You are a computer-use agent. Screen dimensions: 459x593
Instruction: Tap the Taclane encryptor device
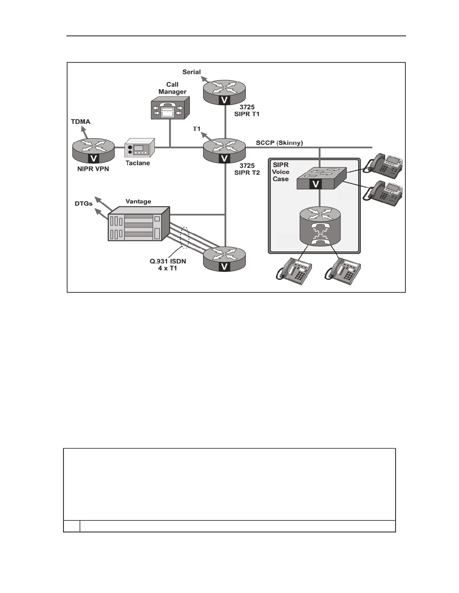[139, 148]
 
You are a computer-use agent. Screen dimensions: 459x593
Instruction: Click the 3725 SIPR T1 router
[224, 92]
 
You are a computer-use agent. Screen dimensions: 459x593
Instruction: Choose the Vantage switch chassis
[139, 224]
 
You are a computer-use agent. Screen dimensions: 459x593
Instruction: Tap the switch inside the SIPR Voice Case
[321, 178]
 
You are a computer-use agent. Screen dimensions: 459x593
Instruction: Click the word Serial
[192, 72]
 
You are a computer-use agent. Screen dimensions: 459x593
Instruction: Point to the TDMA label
[81, 122]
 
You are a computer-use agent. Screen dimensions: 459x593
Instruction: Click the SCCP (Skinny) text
[279, 143]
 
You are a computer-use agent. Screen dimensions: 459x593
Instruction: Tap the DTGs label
[84, 203]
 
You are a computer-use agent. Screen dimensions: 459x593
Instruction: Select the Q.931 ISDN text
[168, 261]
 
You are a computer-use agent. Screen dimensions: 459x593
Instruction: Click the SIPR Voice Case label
[281, 172]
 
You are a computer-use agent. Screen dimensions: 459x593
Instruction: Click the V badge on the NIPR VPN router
[94, 158]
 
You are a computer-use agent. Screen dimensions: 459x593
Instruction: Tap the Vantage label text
[138, 202]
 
